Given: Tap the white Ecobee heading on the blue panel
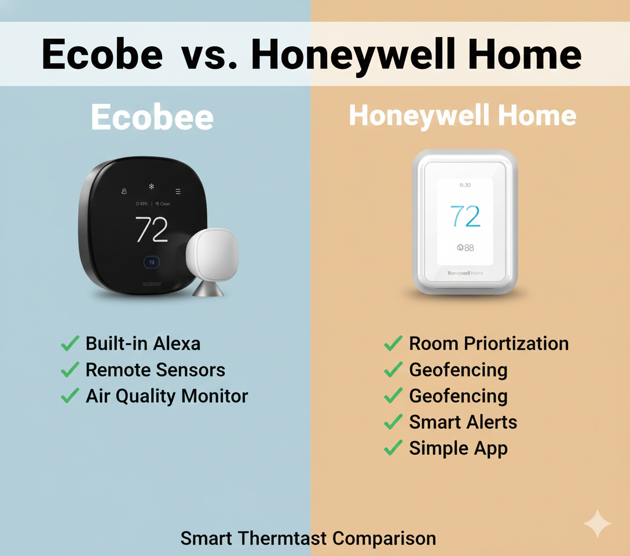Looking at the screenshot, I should pyautogui.click(x=152, y=118).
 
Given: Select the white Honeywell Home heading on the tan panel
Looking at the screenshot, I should pyautogui.click(x=462, y=116).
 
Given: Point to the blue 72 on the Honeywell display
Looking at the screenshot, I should pyautogui.click(x=465, y=217).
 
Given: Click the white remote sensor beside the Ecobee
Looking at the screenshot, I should pyautogui.click(x=211, y=254).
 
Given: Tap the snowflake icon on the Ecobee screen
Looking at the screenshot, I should pyautogui.click(x=152, y=186).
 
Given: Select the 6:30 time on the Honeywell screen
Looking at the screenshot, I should pyautogui.click(x=465, y=185).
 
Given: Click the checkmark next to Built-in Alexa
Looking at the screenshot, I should pyautogui.click(x=70, y=344).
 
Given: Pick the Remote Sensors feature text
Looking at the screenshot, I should pyautogui.click(x=155, y=370).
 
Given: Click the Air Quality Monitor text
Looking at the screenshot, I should pyautogui.click(x=167, y=396).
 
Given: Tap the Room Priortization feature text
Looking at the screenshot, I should pyautogui.click(x=489, y=343).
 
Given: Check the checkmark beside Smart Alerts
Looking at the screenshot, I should pyautogui.click(x=393, y=422).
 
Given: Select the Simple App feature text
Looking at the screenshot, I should pyautogui.click(x=458, y=448).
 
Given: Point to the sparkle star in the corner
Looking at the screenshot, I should pyautogui.click(x=596, y=524).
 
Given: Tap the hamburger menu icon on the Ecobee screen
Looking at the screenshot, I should pyautogui.click(x=178, y=191).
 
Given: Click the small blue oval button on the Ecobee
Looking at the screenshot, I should pyautogui.click(x=152, y=262).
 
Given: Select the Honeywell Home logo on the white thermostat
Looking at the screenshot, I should pyautogui.click(x=465, y=272).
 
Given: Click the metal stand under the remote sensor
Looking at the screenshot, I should pyautogui.click(x=208, y=288).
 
